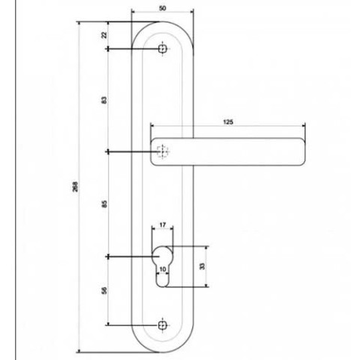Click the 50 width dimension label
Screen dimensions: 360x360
point(162,8)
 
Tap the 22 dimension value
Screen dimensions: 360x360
point(104,34)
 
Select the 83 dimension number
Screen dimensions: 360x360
point(104,100)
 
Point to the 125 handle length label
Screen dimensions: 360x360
point(228,122)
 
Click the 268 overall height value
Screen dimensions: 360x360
point(75,187)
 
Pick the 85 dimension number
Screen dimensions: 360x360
point(104,204)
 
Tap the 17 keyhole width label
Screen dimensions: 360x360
point(163,225)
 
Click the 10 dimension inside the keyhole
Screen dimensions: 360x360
point(163,269)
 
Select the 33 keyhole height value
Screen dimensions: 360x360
point(202,266)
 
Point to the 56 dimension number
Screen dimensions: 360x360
point(104,290)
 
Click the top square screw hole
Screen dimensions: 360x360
point(163,49)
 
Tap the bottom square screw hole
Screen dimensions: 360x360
point(163,325)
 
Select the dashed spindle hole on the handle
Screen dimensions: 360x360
point(163,151)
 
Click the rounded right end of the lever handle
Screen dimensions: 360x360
point(302,151)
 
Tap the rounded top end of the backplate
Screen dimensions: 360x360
point(163,22)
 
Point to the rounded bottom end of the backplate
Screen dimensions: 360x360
point(163,352)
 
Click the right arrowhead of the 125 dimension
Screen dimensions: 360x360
point(304,126)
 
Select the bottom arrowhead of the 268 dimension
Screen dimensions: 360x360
point(79,350)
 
